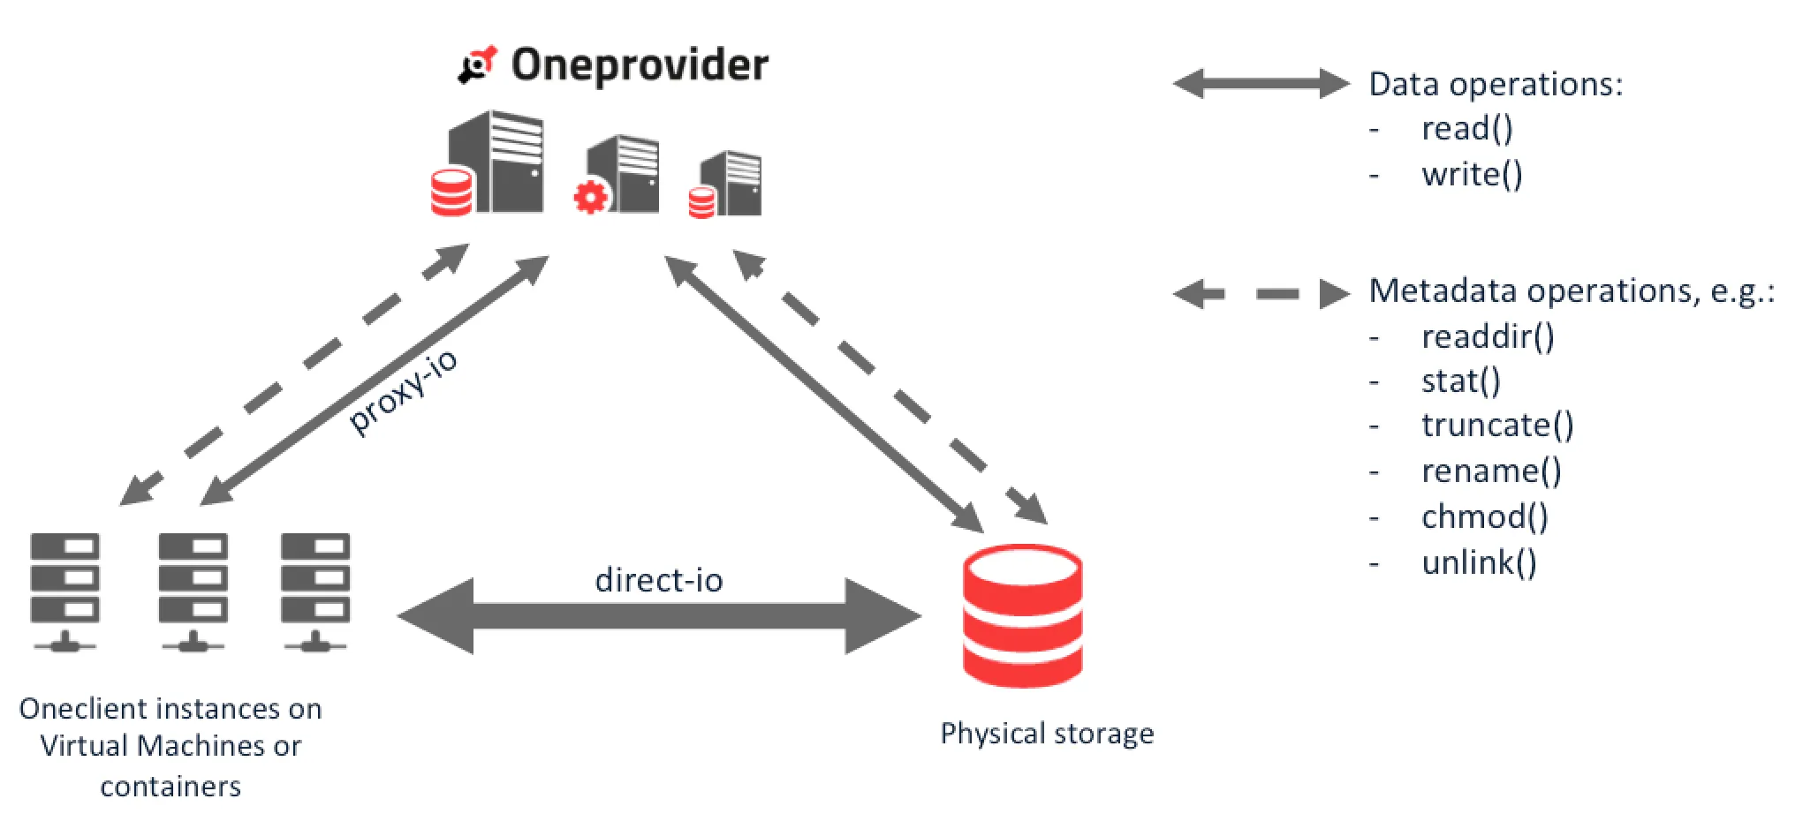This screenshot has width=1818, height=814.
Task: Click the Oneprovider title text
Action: click(x=640, y=65)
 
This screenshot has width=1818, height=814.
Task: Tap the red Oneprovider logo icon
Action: click(x=478, y=65)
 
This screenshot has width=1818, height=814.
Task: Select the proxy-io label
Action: click(x=404, y=390)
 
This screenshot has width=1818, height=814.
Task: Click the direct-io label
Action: click(x=659, y=580)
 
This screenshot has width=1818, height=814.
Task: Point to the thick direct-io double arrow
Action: click(x=659, y=616)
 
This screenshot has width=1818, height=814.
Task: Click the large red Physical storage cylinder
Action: click(x=1022, y=615)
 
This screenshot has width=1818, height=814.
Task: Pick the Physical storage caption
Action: click(x=1047, y=734)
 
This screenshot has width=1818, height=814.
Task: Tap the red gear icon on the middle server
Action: click(x=590, y=196)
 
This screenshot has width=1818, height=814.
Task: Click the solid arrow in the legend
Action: click(x=1261, y=84)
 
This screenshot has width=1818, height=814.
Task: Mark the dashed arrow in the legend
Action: click(x=1261, y=293)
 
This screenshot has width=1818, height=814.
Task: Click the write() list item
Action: click(x=1472, y=175)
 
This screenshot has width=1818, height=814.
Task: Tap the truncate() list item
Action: click(x=1497, y=426)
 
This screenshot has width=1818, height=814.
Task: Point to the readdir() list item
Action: click(x=1488, y=336)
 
